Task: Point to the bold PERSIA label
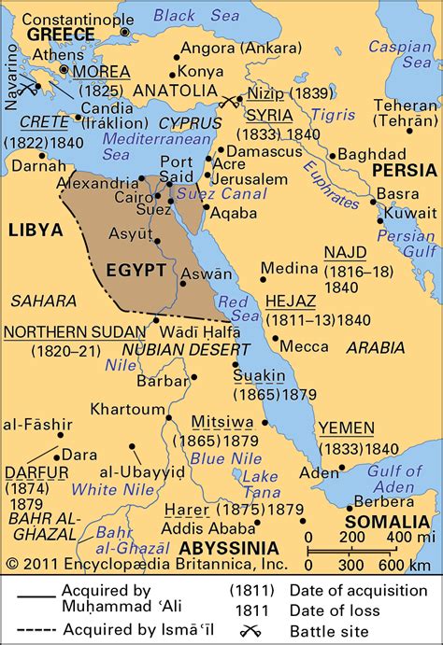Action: (404, 170)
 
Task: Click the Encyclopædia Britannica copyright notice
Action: (107, 564)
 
